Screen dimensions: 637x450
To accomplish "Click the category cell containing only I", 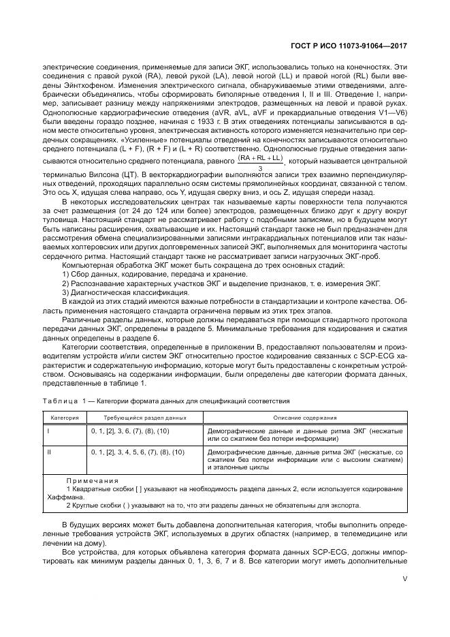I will pyautogui.click(x=48, y=431).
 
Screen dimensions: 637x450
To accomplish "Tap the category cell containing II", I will pyautogui.click(x=49, y=452).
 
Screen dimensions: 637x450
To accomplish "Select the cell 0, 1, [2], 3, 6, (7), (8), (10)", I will pyautogui.click(x=130, y=431).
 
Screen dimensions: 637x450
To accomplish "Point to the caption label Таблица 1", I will pyautogui.click(x=65, y=401).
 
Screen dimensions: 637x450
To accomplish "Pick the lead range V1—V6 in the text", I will pyautogui.click(x=392, y=113).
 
